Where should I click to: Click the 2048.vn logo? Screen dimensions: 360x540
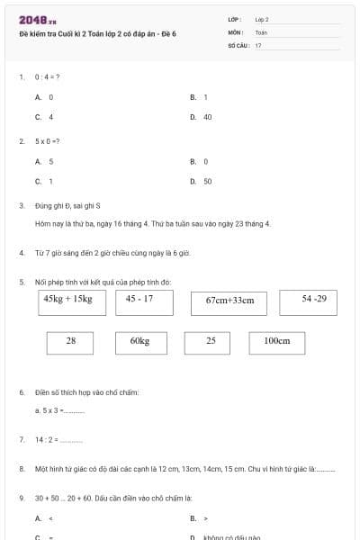tap(38, 20)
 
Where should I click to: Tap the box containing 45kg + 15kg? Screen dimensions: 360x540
tap(67, 300)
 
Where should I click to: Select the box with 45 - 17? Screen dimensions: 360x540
tap(139, 300)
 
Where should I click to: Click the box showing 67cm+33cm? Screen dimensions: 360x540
tap(229, 301)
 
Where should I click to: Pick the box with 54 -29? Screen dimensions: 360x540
tap(313, 300)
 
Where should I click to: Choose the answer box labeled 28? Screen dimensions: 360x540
tap(71, 342)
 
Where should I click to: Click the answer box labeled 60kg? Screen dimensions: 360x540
tap(139, 342)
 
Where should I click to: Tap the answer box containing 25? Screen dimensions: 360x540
tap(211, 342)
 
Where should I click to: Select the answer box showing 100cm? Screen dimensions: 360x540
tap(277, 342)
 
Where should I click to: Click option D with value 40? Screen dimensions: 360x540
tap(206, 117)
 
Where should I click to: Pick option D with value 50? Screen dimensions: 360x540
tap(206, 181)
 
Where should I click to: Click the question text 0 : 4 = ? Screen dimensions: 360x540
tap(48, 77)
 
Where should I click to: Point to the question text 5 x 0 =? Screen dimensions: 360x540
tap(48, 141)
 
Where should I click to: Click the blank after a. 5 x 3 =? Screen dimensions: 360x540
tap(75, 411)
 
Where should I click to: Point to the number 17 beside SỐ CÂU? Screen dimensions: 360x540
tap(258, 45)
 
